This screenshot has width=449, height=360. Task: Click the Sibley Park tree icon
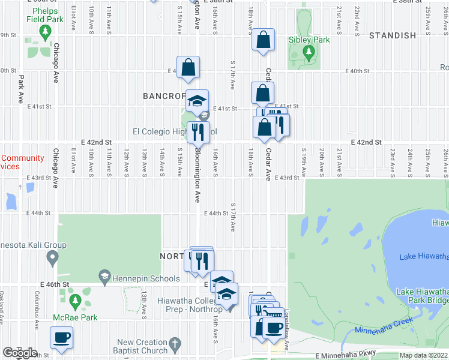pos(309,53)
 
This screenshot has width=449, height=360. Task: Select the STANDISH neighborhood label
pos(393,35)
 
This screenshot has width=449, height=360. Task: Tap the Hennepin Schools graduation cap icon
pos(104,278)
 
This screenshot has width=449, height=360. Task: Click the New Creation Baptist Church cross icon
pos(175,345)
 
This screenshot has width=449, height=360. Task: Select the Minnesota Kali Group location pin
pos(52,259)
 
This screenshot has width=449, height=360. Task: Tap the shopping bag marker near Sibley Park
pos(263,40)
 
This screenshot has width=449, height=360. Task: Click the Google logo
pos(20,352)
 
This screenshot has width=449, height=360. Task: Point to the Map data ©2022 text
pos(423,355)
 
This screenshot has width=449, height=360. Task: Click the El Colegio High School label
pos(174,131)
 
